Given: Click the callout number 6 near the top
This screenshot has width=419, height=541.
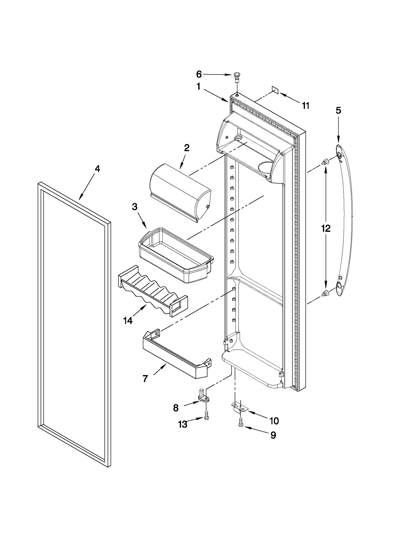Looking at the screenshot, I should pos(199,74).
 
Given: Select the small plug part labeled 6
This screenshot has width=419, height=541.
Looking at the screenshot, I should pos(236,77).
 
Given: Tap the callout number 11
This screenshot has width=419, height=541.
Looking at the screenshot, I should pos(306,106).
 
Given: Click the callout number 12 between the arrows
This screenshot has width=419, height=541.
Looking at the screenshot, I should pos(326,228).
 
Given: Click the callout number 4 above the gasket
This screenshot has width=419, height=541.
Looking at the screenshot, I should pos(97,169).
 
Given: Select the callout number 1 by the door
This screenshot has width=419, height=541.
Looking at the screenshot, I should pos(199,87).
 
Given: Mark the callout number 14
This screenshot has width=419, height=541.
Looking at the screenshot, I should pos(128,320).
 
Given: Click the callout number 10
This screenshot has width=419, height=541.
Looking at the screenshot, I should pos(274,421).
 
